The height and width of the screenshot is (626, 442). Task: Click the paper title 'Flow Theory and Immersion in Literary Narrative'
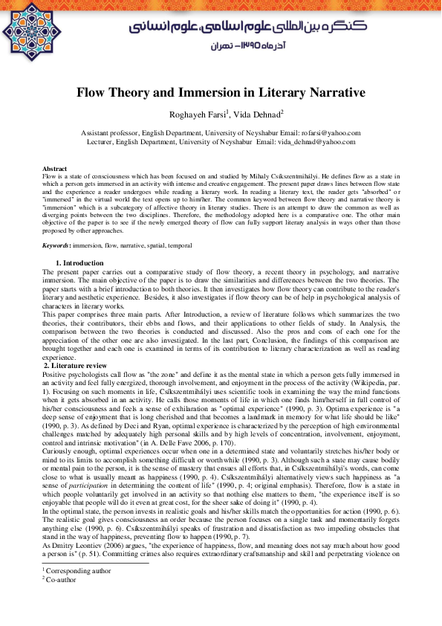[221, 94]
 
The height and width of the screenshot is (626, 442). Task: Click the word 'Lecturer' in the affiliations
[103, 141]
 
